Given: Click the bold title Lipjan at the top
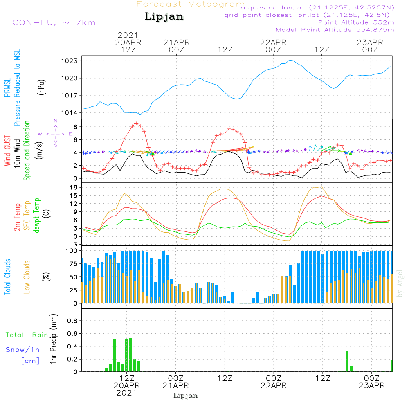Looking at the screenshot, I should (x=164, y=17).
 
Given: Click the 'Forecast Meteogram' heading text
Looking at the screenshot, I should (x=191, y=4).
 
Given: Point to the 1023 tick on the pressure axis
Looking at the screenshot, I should (x=72, y=61).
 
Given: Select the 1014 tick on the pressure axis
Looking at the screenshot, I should (x=72, y=112).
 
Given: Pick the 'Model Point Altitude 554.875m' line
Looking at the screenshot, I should (x=335, y=30).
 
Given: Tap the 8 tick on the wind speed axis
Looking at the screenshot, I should (x=76, y=126).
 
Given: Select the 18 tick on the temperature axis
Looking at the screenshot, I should (x=75, y=187).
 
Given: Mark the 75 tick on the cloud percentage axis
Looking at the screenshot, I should (x=74, y=264).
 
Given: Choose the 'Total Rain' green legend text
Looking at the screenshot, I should (x=27, y=335).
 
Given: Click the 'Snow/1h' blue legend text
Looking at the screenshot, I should (x=23, y=350).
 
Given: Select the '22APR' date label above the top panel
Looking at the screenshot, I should (x=273, y=42).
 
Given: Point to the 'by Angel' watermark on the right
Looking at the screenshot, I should (x=400, y=283).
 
